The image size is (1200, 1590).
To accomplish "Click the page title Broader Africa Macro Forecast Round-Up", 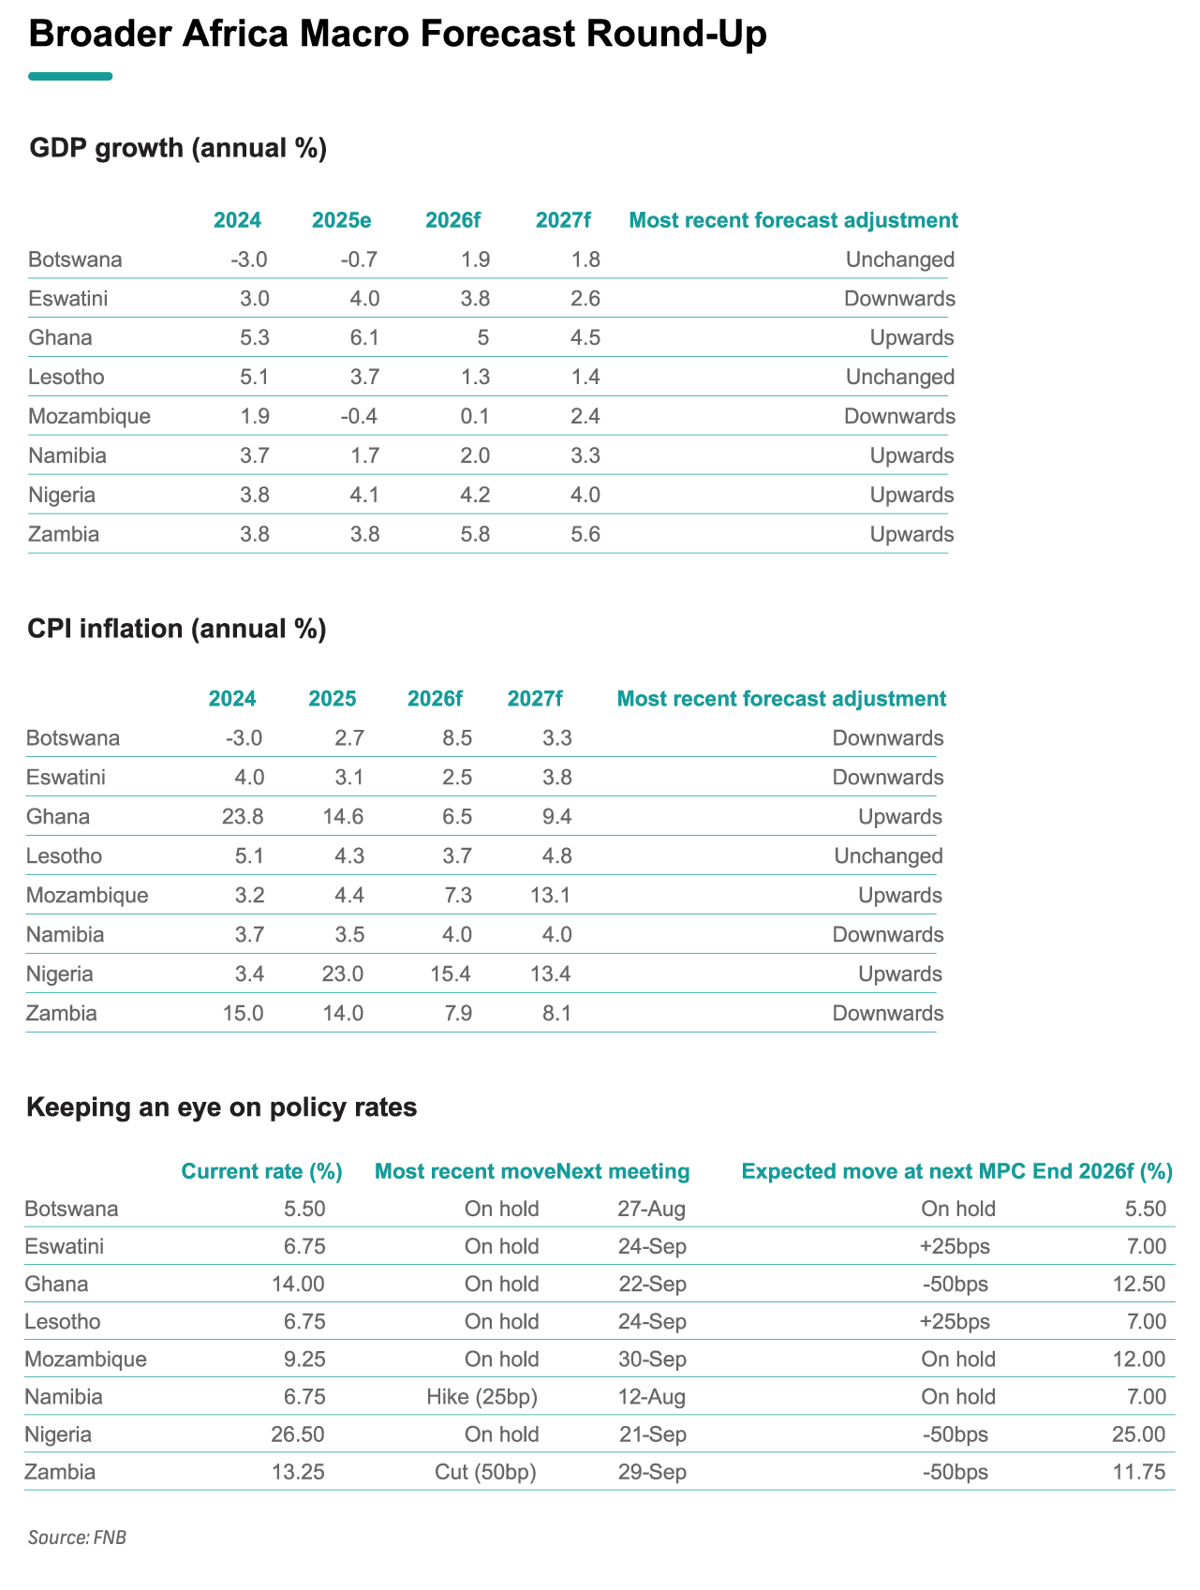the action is [x=398, y=35].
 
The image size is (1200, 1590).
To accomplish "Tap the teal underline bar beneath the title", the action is [x=70, y=76].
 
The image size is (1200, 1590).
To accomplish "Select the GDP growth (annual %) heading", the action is [x=178, y=148].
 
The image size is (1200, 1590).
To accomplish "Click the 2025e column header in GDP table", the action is [x=342, y=220].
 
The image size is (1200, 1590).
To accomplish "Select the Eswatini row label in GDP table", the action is [x=68, y=299].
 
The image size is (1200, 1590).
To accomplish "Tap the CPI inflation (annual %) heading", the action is [x=177, y=628].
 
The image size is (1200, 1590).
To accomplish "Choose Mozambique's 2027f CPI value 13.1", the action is [x=550, y=896].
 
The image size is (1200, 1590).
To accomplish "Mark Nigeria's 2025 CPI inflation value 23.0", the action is [x=343, y=974].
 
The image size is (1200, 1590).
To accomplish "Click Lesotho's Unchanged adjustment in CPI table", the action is [x=888, y=856].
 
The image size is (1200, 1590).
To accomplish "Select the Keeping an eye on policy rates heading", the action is [x=222, y=1107].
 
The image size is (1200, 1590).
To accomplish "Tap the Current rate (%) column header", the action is [x=261, y=1171].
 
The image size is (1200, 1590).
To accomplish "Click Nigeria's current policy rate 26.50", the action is [x=299, y=1434].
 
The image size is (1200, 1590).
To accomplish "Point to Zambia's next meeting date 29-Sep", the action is [x=653, y=1472].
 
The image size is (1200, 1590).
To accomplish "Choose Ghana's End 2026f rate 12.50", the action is [x=1140, y=1284].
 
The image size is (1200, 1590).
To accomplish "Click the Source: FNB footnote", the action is [x=77, y=1538].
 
